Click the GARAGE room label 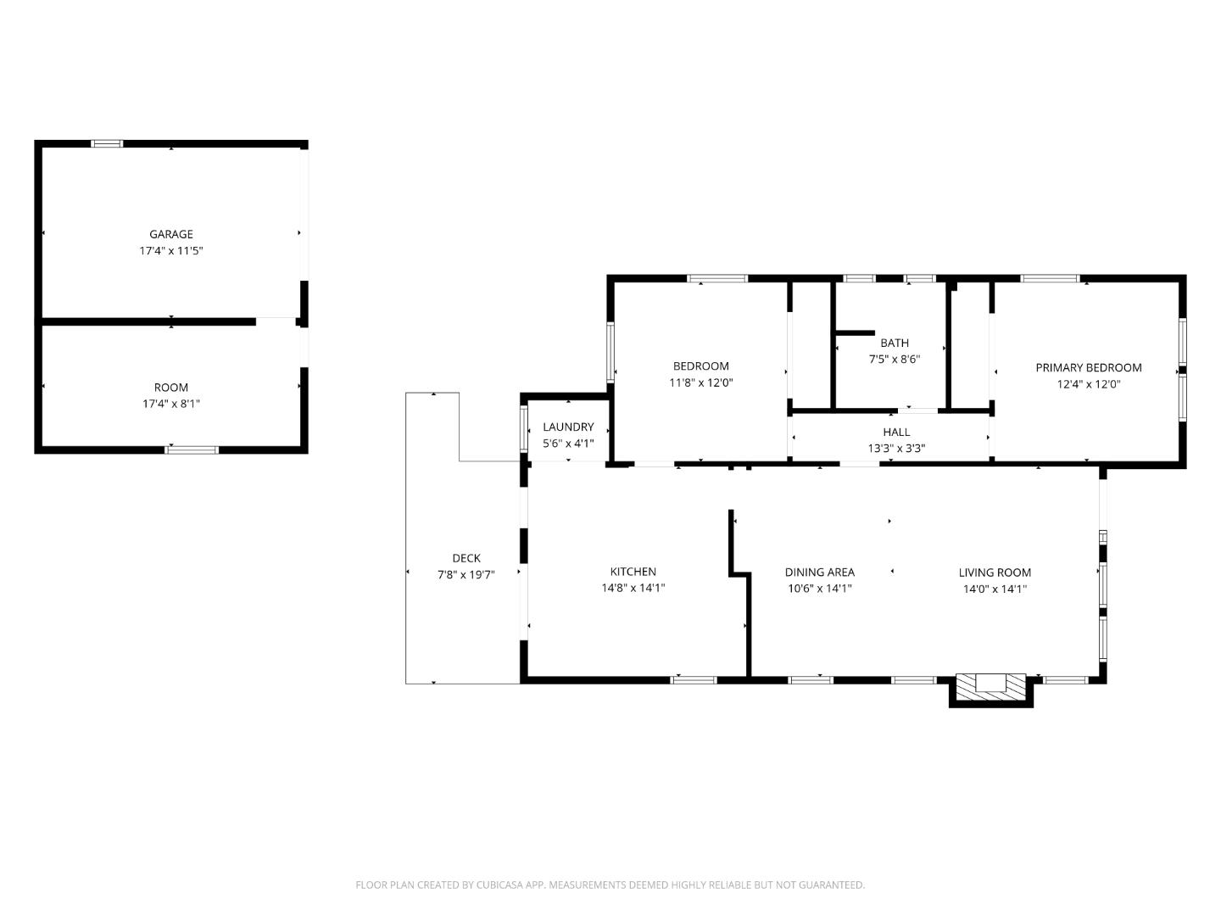(x=171, y=234)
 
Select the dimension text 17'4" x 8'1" (x=171, y=404)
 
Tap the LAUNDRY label (x=568, y=427)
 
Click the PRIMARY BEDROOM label (x=1088, y=367)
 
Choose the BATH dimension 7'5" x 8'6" (x=894, y=359)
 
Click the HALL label (x=896, y=432)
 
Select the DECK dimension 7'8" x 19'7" (x=466, y=574)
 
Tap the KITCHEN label (x=633, y=572)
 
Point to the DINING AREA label (x=819, y=572)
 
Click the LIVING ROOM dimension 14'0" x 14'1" (x=995, y=589)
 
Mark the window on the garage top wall (x=107, y=143)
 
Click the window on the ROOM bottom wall (x=192, y=450)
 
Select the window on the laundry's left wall (x=523, y=428)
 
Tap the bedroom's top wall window (x=716, y=278)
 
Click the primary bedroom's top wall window (x=1050, y=278)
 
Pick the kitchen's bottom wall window (x=694, y=679)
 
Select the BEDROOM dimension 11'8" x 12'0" (x=700, y=383)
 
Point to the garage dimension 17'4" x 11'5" (x=171, y=251)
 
